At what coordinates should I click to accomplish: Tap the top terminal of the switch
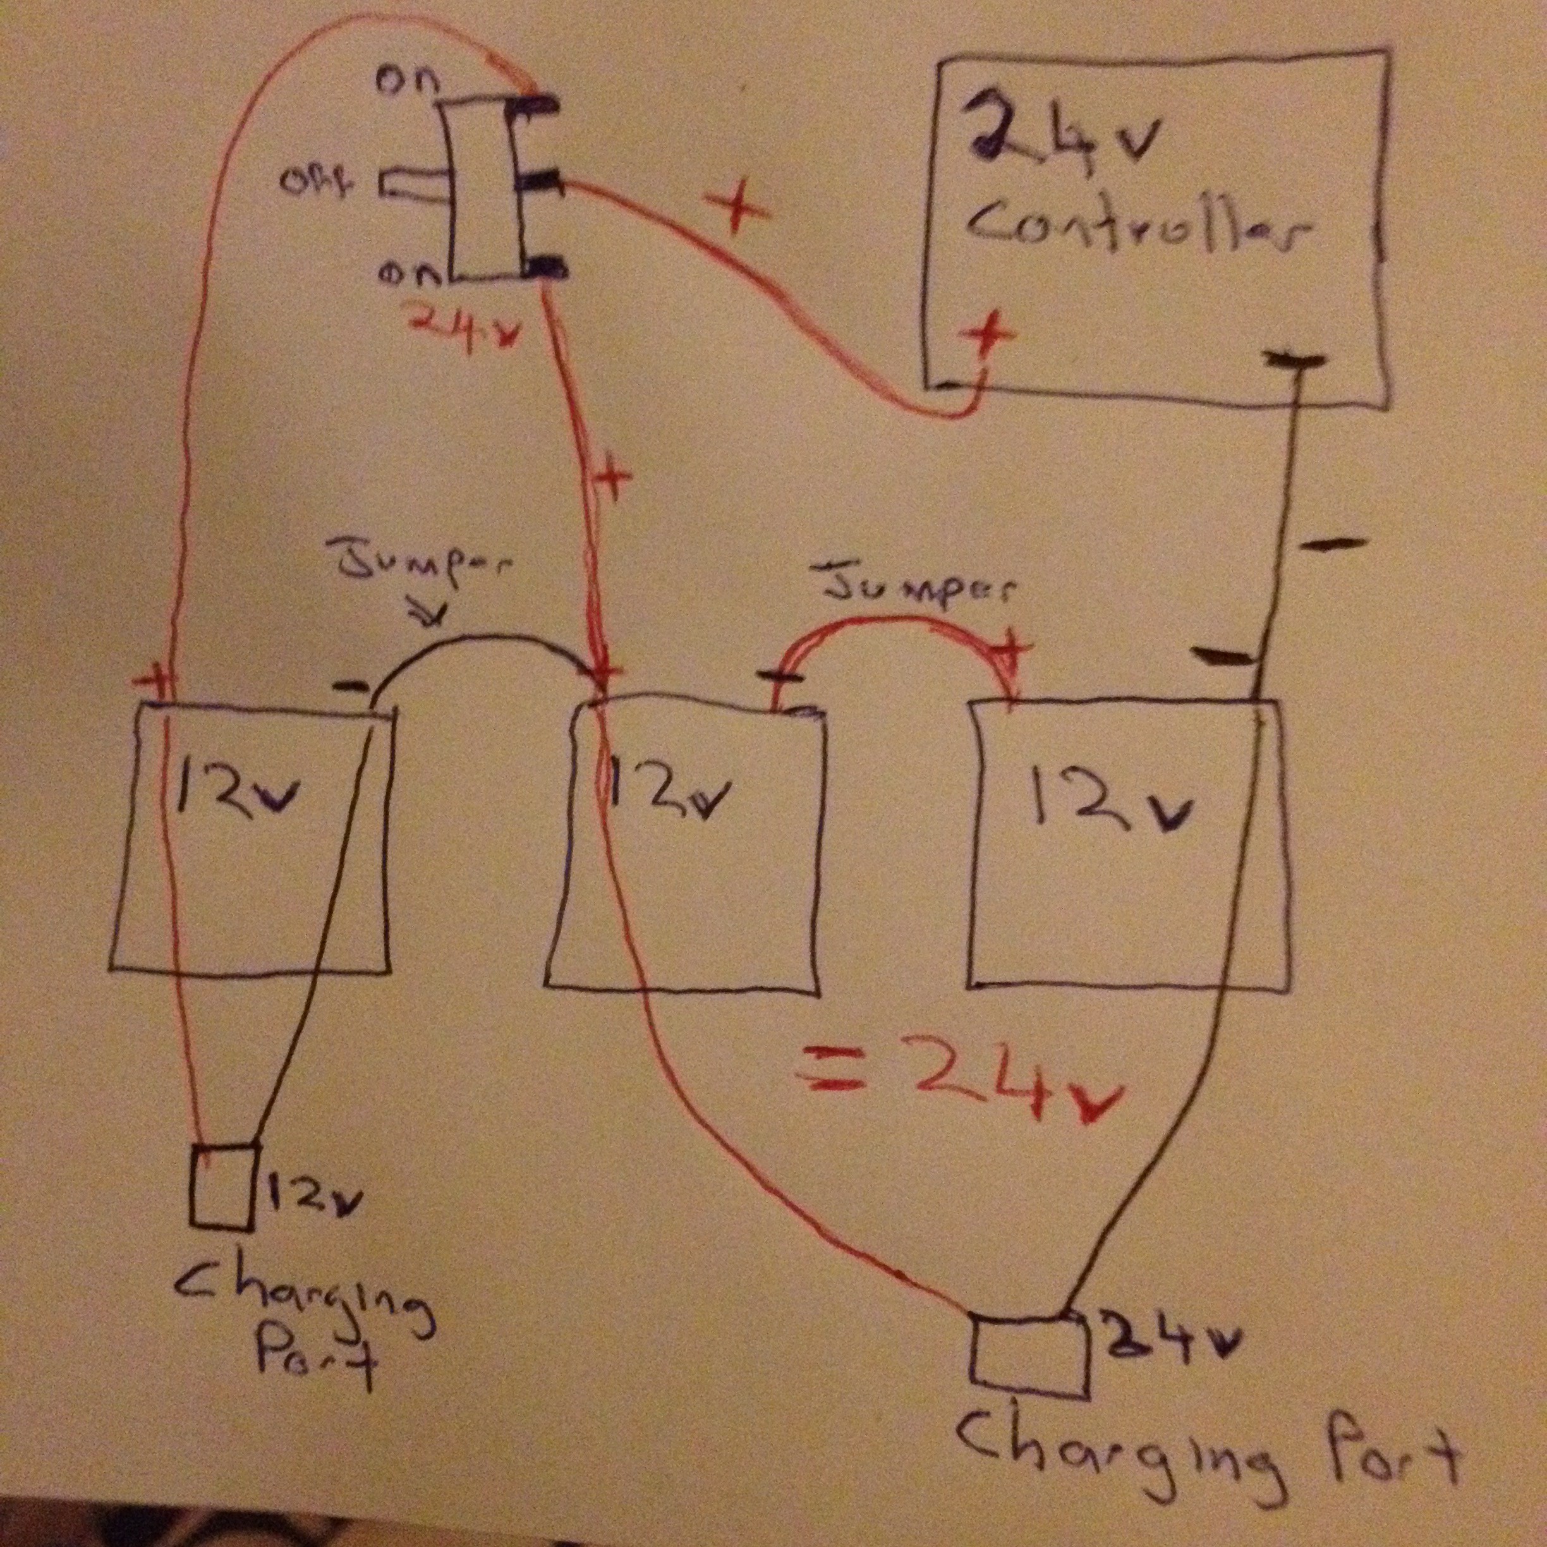click(536, 105)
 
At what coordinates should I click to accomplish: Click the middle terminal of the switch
click(540, 182)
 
